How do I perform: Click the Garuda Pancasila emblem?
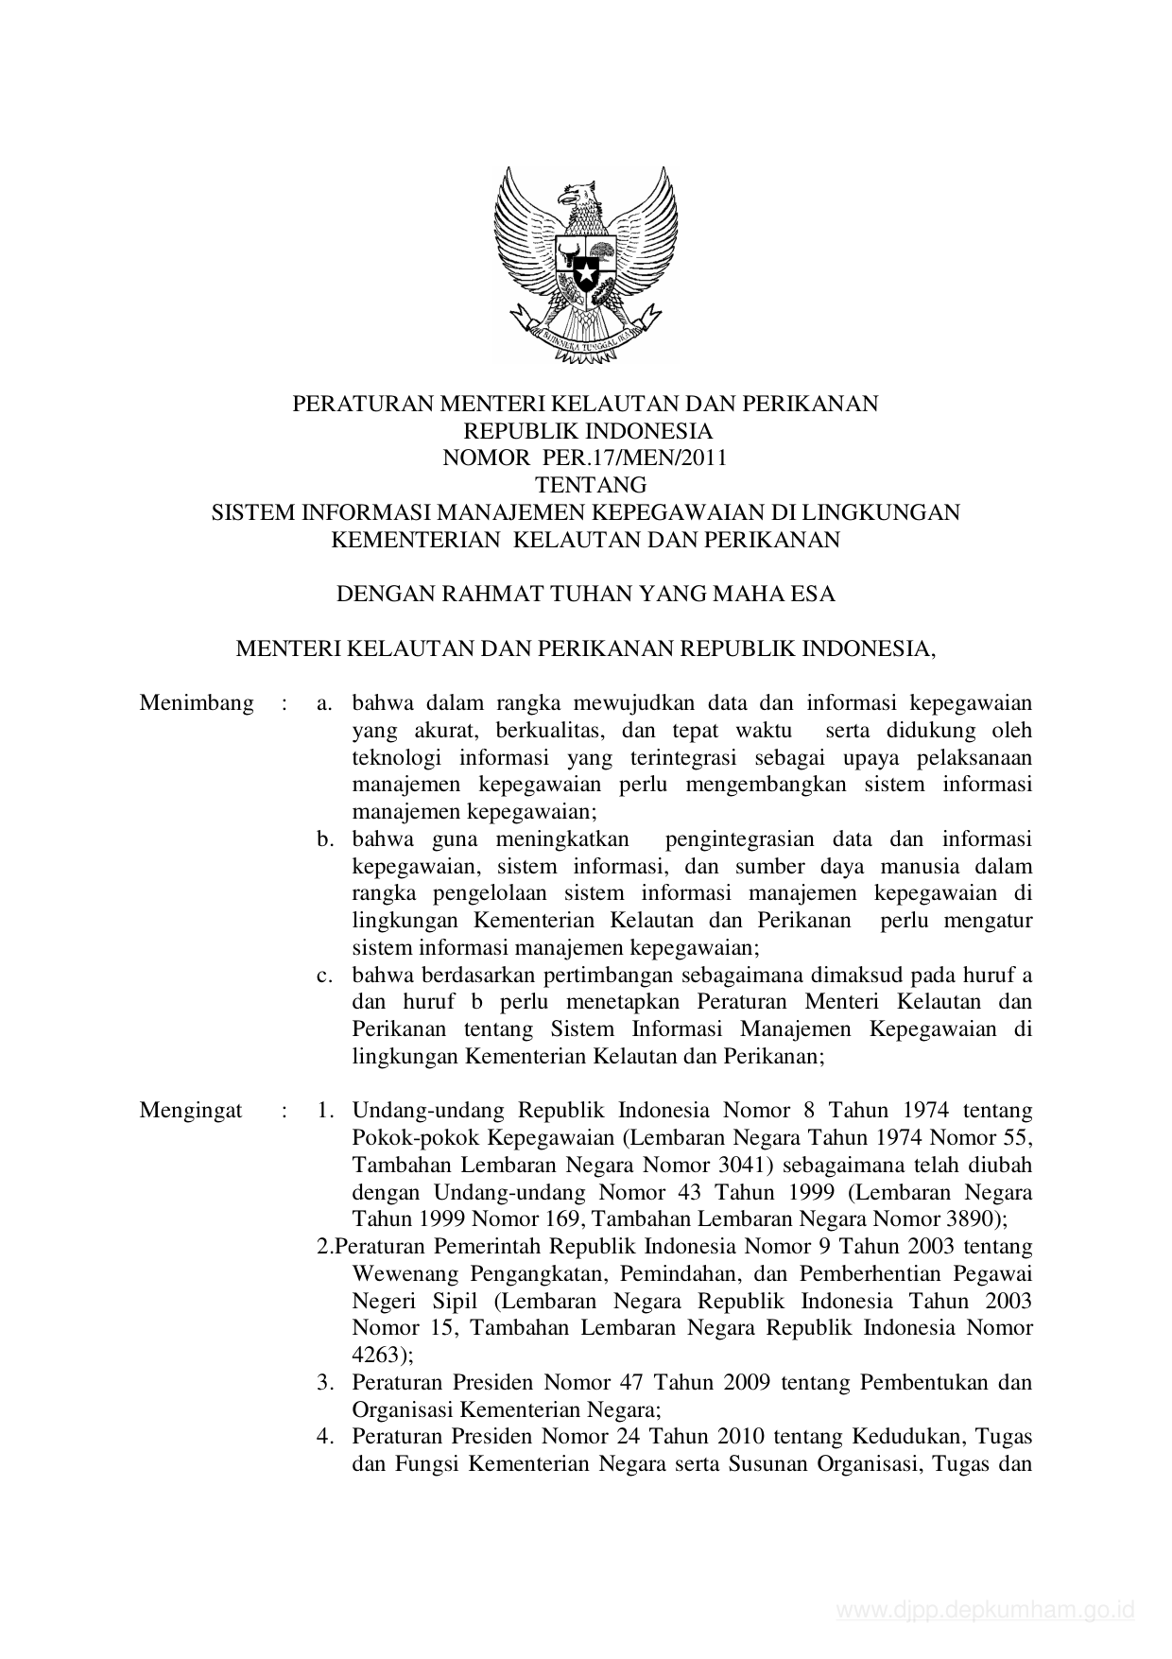(586, 264)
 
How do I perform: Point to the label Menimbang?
(197, 703)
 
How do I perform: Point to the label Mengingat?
(191, 1110)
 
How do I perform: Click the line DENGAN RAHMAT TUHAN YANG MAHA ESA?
(586, 595)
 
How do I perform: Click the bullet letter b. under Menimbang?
(326, 839)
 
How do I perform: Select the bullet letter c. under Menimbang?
(326, 975)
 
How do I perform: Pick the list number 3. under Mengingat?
(325, 1382)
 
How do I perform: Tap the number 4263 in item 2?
(377, 1355)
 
